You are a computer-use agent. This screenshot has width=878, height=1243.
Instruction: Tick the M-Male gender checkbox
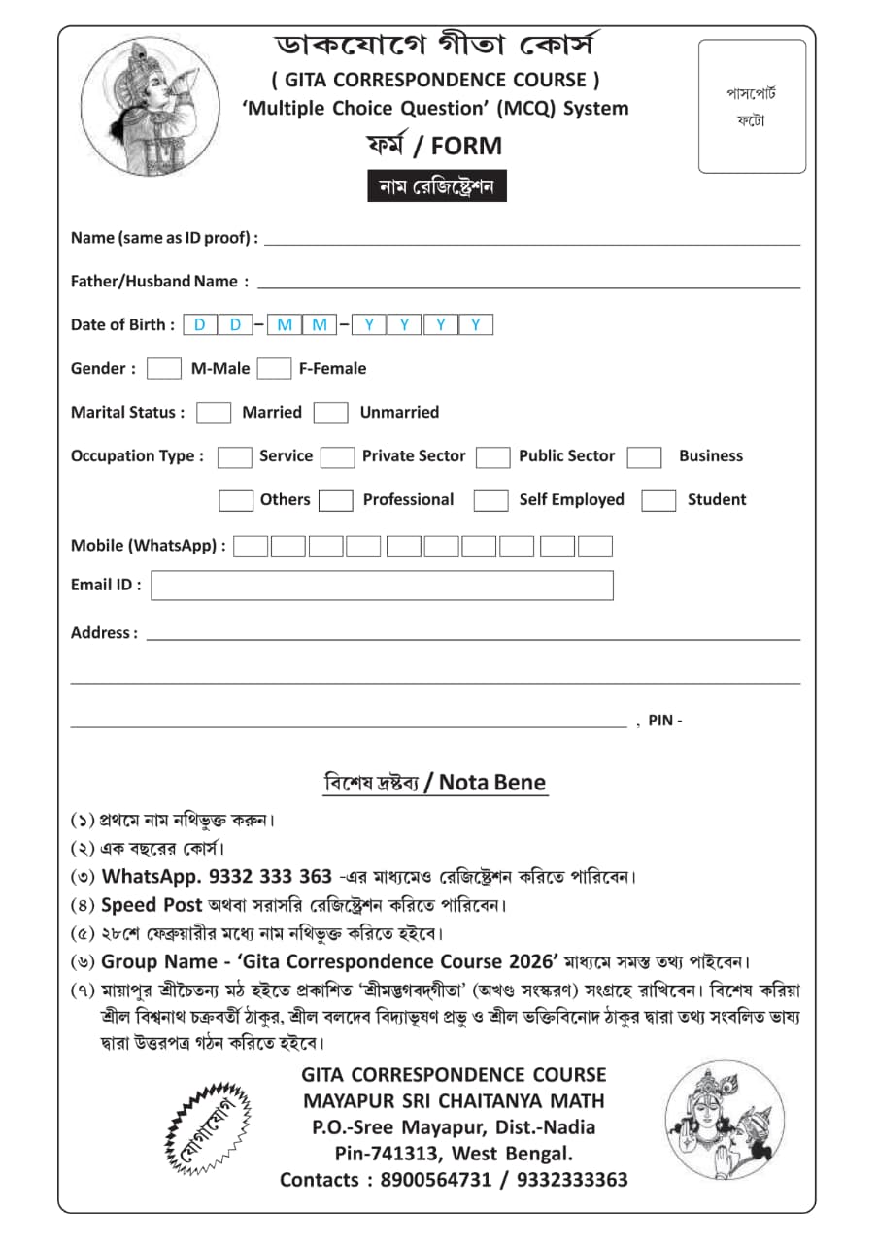click(x=164, y=369)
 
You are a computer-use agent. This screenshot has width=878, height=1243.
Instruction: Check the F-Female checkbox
click(x=275, y=369)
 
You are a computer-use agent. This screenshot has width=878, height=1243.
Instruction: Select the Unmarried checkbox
click(x=330, y=413)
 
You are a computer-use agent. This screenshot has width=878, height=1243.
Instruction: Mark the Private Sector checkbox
click(x=337, y=457)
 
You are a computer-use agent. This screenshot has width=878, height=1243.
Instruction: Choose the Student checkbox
click(x=658, y=501)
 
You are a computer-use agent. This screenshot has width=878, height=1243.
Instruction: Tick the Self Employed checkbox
click(x=490, y=501)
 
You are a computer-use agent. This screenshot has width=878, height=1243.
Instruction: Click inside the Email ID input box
click(x=382, y=586)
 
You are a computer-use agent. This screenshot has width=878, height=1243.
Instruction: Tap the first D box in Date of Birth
click(x=200, y=325)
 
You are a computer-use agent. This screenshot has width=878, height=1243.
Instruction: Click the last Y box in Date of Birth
click(x=476, y=325)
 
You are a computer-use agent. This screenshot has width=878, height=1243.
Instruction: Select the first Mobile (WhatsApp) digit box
click(x=251, y=547)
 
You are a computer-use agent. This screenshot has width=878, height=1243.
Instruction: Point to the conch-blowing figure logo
click(x=136, y=107)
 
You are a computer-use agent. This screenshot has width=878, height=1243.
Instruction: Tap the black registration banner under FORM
click(x=437, y=185)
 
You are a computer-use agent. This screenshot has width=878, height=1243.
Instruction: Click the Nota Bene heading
click(x=435, y=783)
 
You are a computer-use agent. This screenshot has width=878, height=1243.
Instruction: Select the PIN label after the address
click(x=664, y=722)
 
